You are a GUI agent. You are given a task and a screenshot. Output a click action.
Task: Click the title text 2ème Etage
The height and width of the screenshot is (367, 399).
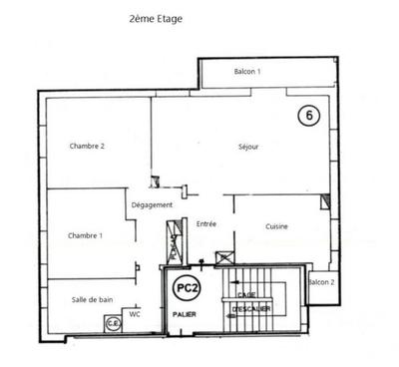click(x=157, y=18)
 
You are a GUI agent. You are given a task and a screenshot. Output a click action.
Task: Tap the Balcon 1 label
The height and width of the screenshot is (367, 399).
click(x=247, y=72)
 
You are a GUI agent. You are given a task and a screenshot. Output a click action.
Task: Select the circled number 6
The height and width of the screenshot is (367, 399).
click(x=310, y=116)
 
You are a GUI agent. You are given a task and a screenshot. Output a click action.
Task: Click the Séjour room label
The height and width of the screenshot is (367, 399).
click(x=249, y=147)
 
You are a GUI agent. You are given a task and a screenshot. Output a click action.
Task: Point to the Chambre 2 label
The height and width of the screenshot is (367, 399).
click(x=88, y=147)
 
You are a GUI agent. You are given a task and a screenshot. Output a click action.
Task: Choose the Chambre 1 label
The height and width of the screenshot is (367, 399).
click(x=86, y=235)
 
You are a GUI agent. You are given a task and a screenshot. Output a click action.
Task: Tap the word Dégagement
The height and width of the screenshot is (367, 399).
click(x=153, y=205)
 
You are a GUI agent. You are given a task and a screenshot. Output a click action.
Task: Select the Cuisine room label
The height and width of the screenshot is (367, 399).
click(x=276, y=226)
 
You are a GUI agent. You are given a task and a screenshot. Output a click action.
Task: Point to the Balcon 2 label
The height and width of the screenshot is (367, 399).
click(x=321, y=282)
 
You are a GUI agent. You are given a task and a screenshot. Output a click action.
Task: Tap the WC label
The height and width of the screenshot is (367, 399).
click(x=136, y=315)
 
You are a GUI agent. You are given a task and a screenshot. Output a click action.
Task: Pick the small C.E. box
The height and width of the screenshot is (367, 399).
click(x=112, y=322)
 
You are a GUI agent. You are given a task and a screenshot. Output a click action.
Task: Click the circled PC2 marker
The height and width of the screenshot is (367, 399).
click(x=184, y=288)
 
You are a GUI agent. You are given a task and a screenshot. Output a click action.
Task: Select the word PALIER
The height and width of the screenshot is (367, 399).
click(x=183, y=314)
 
